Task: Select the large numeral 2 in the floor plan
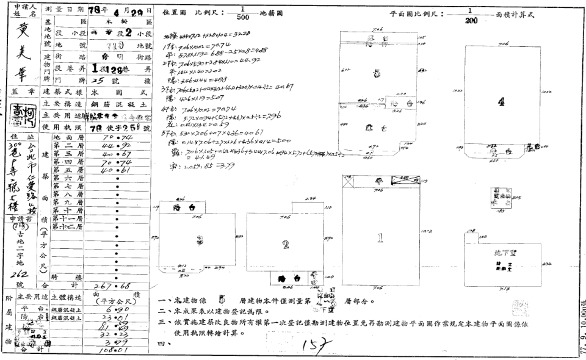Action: tap(286, 245)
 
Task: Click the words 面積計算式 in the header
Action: tap(515, 14)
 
